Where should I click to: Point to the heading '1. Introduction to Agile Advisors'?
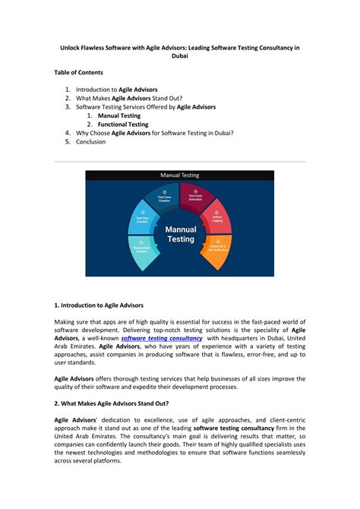99,305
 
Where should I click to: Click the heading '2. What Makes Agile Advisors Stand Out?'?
112,403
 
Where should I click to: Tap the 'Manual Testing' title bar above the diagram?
179,175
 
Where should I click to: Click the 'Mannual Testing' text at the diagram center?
179,234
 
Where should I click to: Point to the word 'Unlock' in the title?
72,47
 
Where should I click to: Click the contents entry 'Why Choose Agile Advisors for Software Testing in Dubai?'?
155,133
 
